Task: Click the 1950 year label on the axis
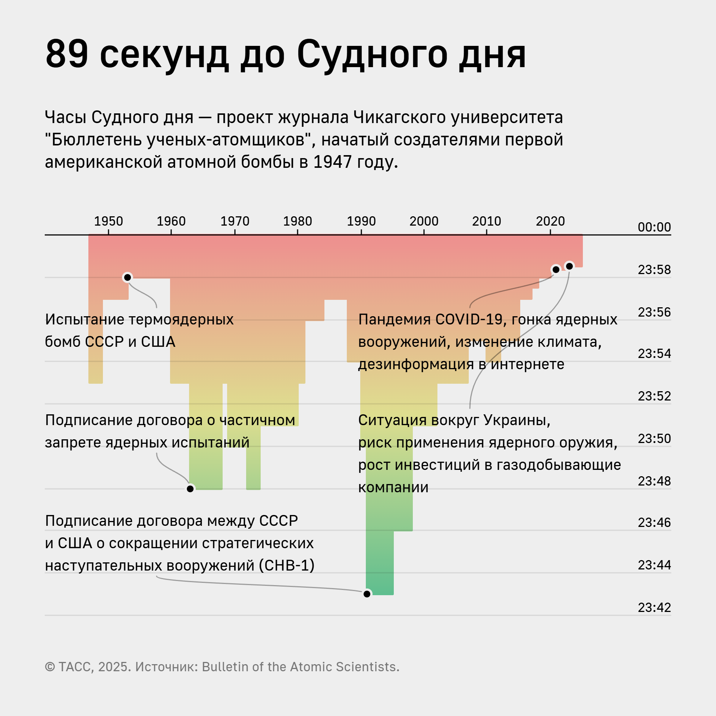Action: (x=108, y=221)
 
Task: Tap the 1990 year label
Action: (x=361, y=221)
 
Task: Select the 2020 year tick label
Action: (x=550, y=221)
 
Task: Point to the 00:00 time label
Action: (x=654, y=227)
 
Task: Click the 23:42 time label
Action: (x=654, y=607)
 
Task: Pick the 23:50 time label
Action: (x=654, y=439)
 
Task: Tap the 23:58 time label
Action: (x=654, y=270)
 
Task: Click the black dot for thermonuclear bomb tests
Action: (x=128, y=277)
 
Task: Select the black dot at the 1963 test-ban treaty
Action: (x=190, y=489)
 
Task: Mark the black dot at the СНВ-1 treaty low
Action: (x=367, y=594)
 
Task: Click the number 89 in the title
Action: (x=67, y=54)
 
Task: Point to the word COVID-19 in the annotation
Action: (x=469, y=320)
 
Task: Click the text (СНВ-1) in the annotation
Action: (x=289, y=565)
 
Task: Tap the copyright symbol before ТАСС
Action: (x=50, y=667)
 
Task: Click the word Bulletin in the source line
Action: (x=225, y=667)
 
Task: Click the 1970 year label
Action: (x=235, y=221)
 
